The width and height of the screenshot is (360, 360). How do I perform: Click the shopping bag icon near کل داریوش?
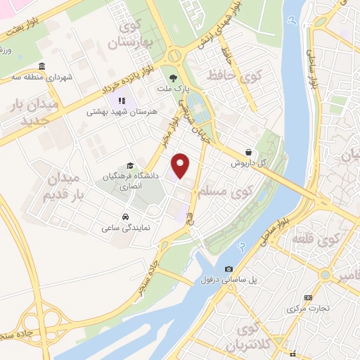point(249,152)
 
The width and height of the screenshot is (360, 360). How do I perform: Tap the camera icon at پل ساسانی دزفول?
point(229,269)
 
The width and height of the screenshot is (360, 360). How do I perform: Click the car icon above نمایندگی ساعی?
point(125,216)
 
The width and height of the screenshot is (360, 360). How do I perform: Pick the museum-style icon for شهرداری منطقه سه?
point(43,67)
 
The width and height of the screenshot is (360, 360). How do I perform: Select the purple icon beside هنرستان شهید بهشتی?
point(122,101)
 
